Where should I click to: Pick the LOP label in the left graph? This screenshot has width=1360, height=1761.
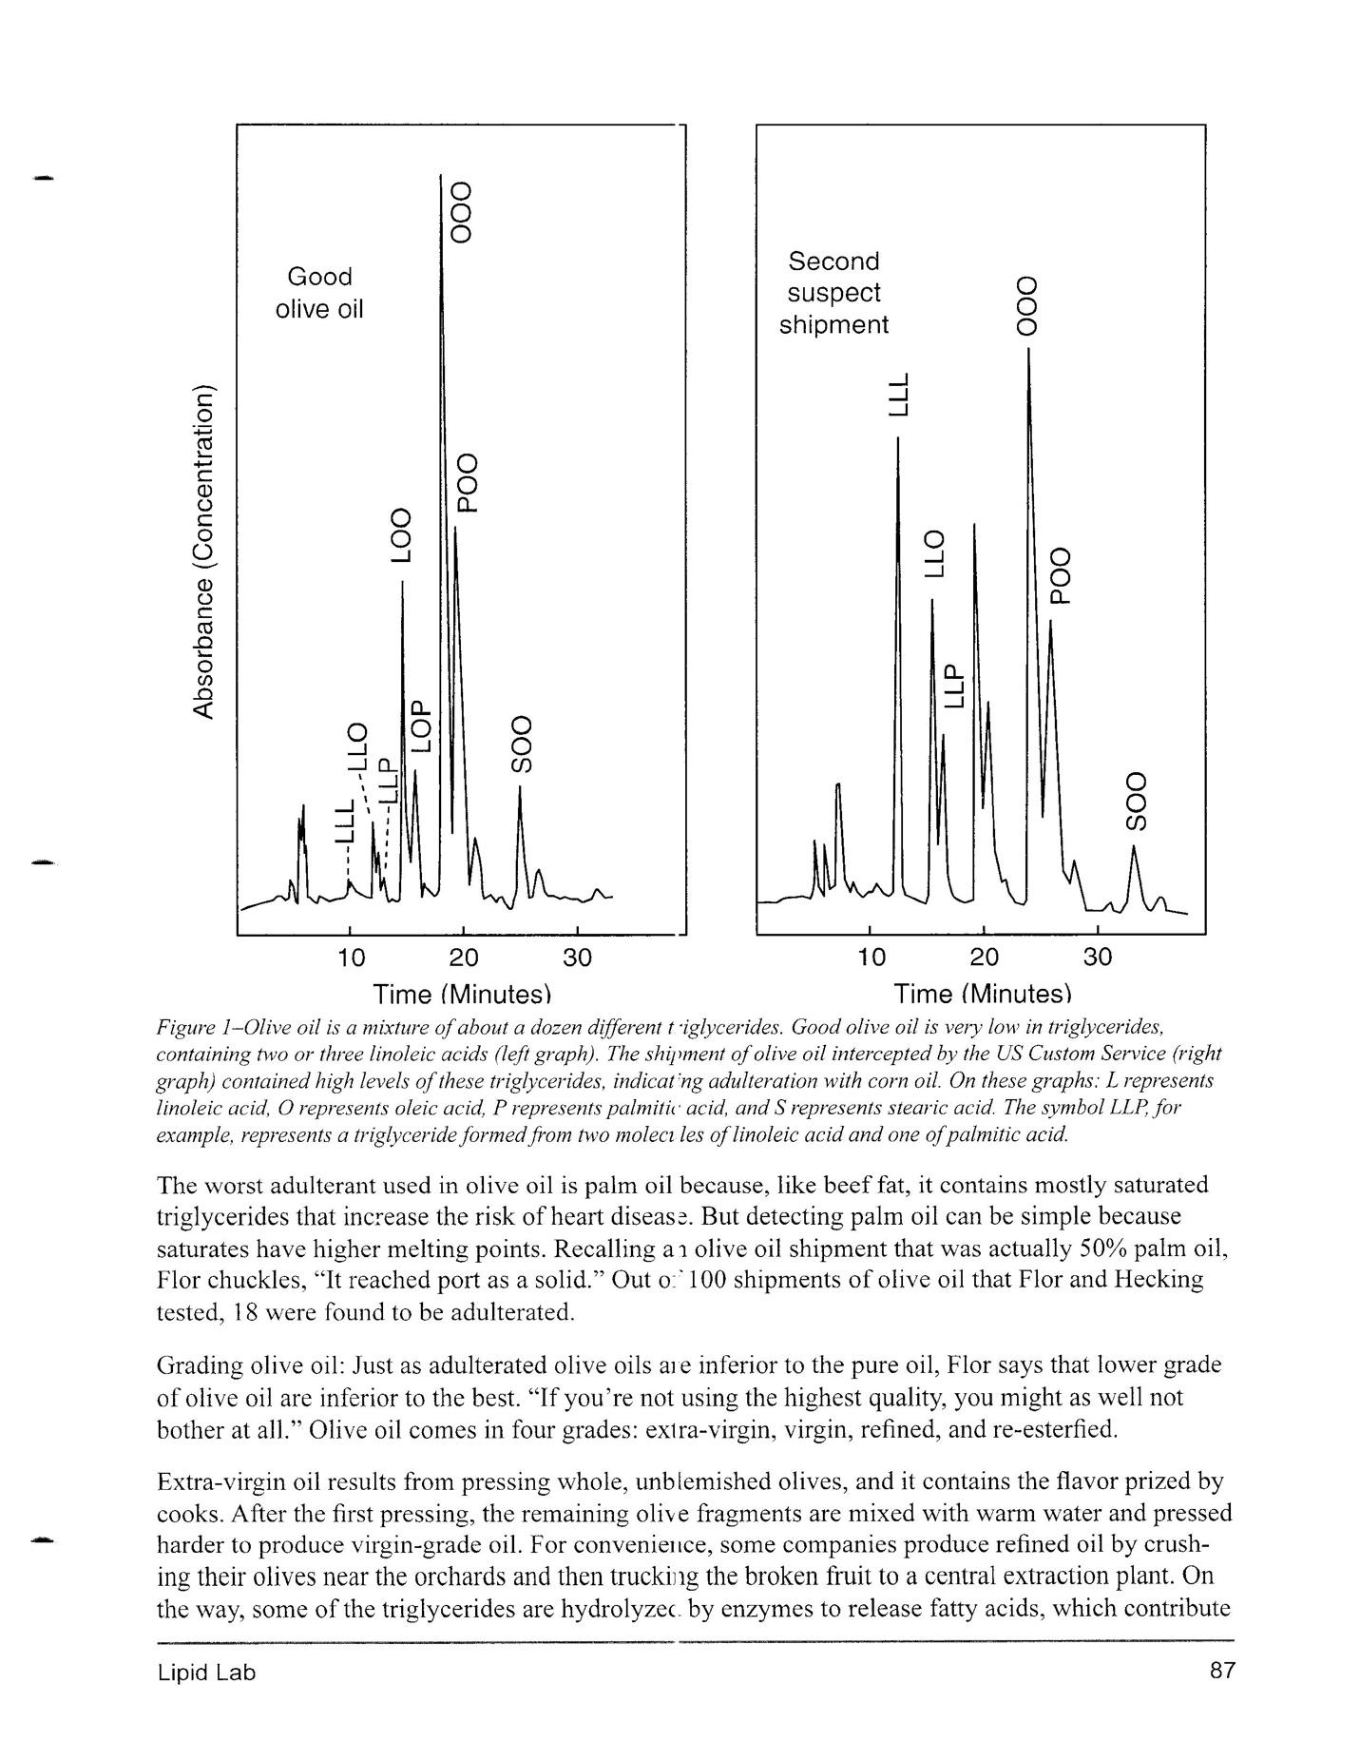click(x=421, y=727)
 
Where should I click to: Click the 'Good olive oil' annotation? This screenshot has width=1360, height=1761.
click(x=319, y=293)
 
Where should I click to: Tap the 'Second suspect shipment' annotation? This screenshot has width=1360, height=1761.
click(x=833, y=293)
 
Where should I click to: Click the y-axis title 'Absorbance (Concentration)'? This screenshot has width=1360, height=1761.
click(x=201, y=552)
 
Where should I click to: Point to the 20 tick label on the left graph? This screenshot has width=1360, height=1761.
click(x=463, y=958)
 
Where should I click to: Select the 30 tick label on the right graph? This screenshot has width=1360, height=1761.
click(x=1097, y=958)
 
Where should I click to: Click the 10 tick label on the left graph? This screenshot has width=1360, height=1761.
click(x=351, y=958)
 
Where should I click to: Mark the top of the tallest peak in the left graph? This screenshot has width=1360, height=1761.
click(x=441, y=176)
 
